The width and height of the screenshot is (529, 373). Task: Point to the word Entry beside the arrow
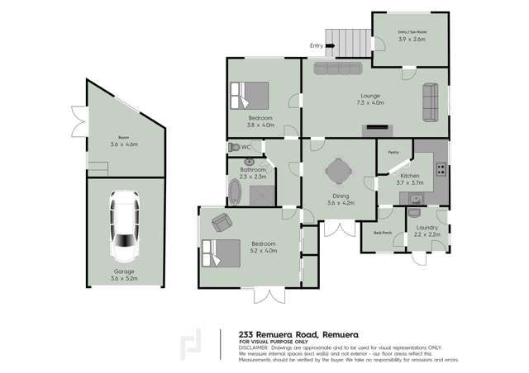[316, 45]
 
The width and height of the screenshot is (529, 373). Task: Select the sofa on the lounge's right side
[431, 102]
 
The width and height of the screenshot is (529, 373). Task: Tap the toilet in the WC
[235, 147]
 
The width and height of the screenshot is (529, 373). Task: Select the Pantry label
[393, 152]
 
